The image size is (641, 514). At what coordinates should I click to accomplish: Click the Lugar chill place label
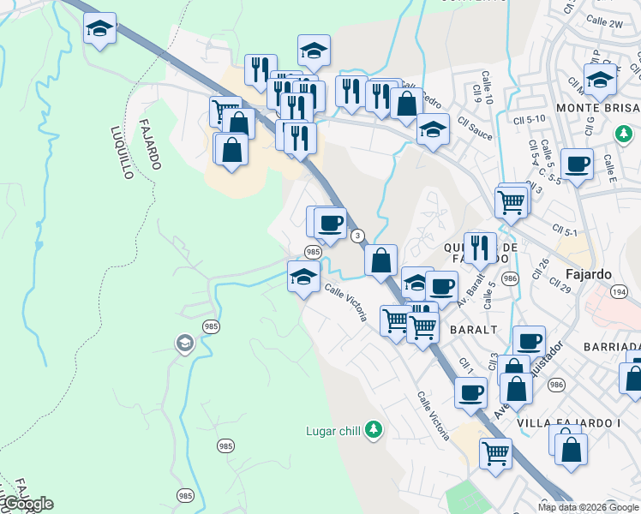pyautogui.click(x=332, y=431)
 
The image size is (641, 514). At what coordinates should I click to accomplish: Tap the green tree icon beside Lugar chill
pyautogui.click(x=373, y=428)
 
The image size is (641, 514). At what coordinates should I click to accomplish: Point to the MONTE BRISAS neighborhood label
pyautogui.click(x=597, y=108)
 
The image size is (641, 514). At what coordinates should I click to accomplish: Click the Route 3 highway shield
pyautogui.click(x=358, y=236)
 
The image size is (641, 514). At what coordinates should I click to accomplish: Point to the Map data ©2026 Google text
pyautogui.click(x=588, y=507)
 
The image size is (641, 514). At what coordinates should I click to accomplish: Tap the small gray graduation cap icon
pyautogui.click(x=184, y=344)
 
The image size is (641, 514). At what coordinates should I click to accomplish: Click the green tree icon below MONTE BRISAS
pyautogui.click(x=625, y=134)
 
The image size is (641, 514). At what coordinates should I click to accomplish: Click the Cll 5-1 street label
pyautogui.click(x=566, y=230)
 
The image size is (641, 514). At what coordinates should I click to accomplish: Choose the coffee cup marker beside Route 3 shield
pyautogui.click(x=330, y=224)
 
